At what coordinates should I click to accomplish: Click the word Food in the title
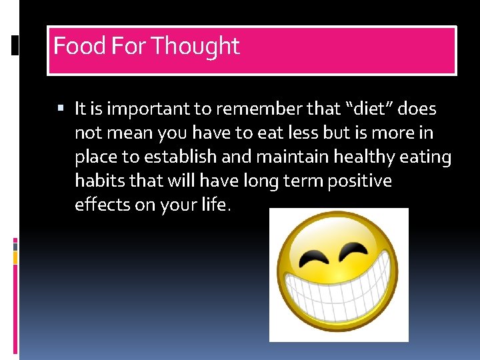(x=71, y=46)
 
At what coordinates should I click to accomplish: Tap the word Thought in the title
(x=195, y=46)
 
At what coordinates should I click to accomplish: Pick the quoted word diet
(x=367, y=109)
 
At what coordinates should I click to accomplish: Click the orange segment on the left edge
(x=15, y=255)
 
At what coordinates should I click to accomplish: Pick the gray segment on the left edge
(x=15, y=246)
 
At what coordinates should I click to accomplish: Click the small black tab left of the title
(x=15, y=46)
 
